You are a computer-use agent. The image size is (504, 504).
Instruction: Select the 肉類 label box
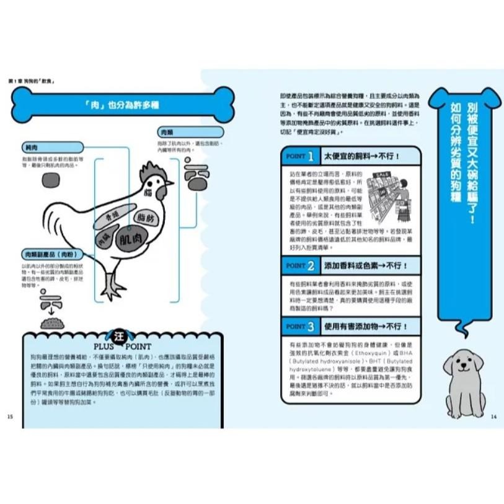[x=167, y=132]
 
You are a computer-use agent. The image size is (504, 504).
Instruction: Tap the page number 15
[x=10, y=416]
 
